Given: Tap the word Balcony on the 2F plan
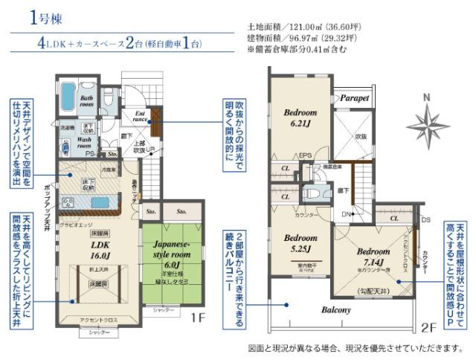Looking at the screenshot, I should click(336, 310).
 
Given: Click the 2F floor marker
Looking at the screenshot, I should click(428, 326).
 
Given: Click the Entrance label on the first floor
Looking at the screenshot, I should click(141, 115).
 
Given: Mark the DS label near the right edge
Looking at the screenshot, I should click(425, 220).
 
